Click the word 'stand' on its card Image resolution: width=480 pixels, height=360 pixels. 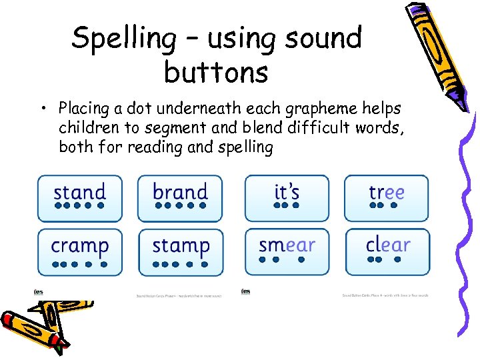pos(79,192)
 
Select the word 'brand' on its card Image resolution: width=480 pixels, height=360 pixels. pos(180,192)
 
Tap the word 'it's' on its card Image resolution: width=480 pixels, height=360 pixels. pos(287,192)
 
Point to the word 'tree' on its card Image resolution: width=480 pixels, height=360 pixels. pos(387,192)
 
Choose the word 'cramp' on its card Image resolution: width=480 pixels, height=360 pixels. pos(79,246)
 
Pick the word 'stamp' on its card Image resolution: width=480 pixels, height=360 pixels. pos(181,246)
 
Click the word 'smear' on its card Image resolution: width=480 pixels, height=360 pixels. pos(287,245)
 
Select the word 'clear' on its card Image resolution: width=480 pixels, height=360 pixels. pos(387,245)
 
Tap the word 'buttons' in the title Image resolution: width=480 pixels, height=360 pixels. pos(215,72)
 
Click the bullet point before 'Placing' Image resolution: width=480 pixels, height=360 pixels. pos(47,109)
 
